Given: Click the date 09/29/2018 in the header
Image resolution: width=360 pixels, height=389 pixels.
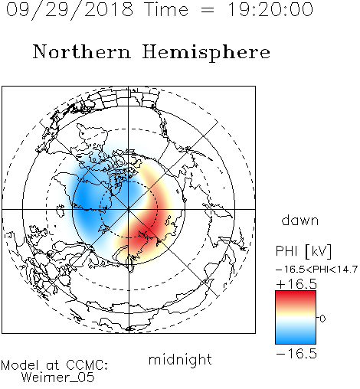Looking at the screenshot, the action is click(70, 10).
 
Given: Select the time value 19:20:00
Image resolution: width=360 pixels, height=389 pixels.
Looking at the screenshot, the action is click(270, 9).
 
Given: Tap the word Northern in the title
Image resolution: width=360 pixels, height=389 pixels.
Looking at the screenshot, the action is click(82, 51).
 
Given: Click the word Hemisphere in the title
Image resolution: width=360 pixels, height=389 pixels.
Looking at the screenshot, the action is click(206, 52).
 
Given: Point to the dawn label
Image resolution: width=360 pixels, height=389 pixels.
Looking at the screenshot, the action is click(300, 220).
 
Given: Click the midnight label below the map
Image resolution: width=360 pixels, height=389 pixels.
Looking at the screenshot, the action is click(180, 360).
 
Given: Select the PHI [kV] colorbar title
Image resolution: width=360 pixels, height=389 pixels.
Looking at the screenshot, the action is click(303, 250).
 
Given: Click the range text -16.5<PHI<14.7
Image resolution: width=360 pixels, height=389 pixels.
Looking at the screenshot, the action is click(316, 270).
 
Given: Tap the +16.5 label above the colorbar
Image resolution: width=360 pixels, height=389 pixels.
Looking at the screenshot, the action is click(296, 284).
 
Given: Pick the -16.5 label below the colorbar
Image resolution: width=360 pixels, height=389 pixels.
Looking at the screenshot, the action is click(296, 354).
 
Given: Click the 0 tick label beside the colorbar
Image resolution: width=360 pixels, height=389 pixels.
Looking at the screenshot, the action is click(322, 319).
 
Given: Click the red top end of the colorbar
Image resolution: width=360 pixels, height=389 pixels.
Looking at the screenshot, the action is click(296, 294).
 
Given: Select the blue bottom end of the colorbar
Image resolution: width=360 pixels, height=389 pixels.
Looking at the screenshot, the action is click(296, 340).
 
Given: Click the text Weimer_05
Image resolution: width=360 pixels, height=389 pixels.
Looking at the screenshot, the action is click(58, 377).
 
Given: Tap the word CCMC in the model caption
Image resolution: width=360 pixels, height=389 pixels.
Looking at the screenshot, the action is click(87, 365).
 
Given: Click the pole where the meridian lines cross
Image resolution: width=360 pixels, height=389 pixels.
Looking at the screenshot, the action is click(129, 209).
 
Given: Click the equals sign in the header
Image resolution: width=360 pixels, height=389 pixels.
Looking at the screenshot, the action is click(208, 10).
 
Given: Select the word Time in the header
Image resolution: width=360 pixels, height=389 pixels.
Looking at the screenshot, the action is click(166, 9).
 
